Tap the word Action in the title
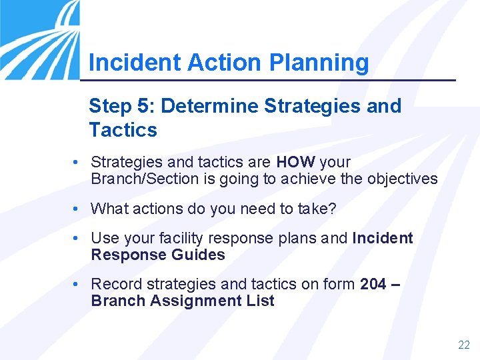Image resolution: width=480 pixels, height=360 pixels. click(225, 63)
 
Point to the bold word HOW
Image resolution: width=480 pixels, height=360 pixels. click(295, 162)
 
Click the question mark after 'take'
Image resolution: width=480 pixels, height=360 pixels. click(333, 209)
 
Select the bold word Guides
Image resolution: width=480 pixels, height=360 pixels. click(198, 255)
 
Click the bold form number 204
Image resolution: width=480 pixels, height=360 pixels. click(373, 284)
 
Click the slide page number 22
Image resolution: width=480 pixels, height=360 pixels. click(463, 345)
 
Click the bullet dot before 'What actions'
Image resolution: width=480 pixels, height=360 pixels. click(78, 209)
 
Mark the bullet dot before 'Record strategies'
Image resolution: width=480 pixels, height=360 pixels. click(78, 284)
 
